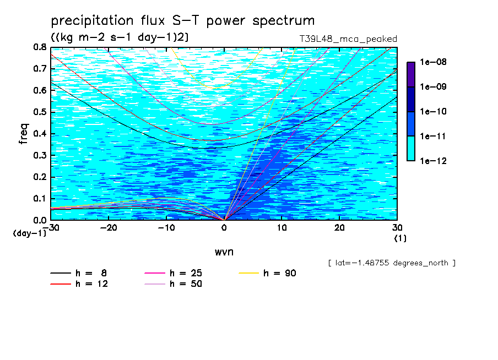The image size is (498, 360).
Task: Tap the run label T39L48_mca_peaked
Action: [348, 39]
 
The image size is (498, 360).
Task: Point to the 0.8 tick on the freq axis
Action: [40, 47]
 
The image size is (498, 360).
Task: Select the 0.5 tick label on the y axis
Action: [40, 112]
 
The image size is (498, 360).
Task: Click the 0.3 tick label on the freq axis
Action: [40, 155]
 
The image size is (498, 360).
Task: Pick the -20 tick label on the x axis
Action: [109, 228]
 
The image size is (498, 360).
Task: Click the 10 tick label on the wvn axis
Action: [282, 228]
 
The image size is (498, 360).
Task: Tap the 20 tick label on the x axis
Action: [339, 228]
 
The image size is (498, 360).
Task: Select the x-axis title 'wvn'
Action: [224, 252]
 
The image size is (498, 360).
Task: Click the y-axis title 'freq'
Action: [24, 134]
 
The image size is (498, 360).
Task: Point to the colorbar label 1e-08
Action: [433, 62]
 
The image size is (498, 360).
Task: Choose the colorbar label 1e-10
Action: [433, 111]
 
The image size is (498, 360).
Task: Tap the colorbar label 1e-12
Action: [433, 161]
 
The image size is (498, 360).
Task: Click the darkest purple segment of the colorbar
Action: [411, 74]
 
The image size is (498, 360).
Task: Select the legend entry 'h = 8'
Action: [78, 273]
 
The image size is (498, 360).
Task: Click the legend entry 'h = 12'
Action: [79, 283]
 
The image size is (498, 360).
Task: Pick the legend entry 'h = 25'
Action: [173, 273]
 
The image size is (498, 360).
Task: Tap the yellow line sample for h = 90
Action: [248, 273]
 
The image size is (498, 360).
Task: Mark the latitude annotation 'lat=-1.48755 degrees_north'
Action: [392, 263]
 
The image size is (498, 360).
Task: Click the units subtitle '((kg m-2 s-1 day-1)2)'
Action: [120, 37]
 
